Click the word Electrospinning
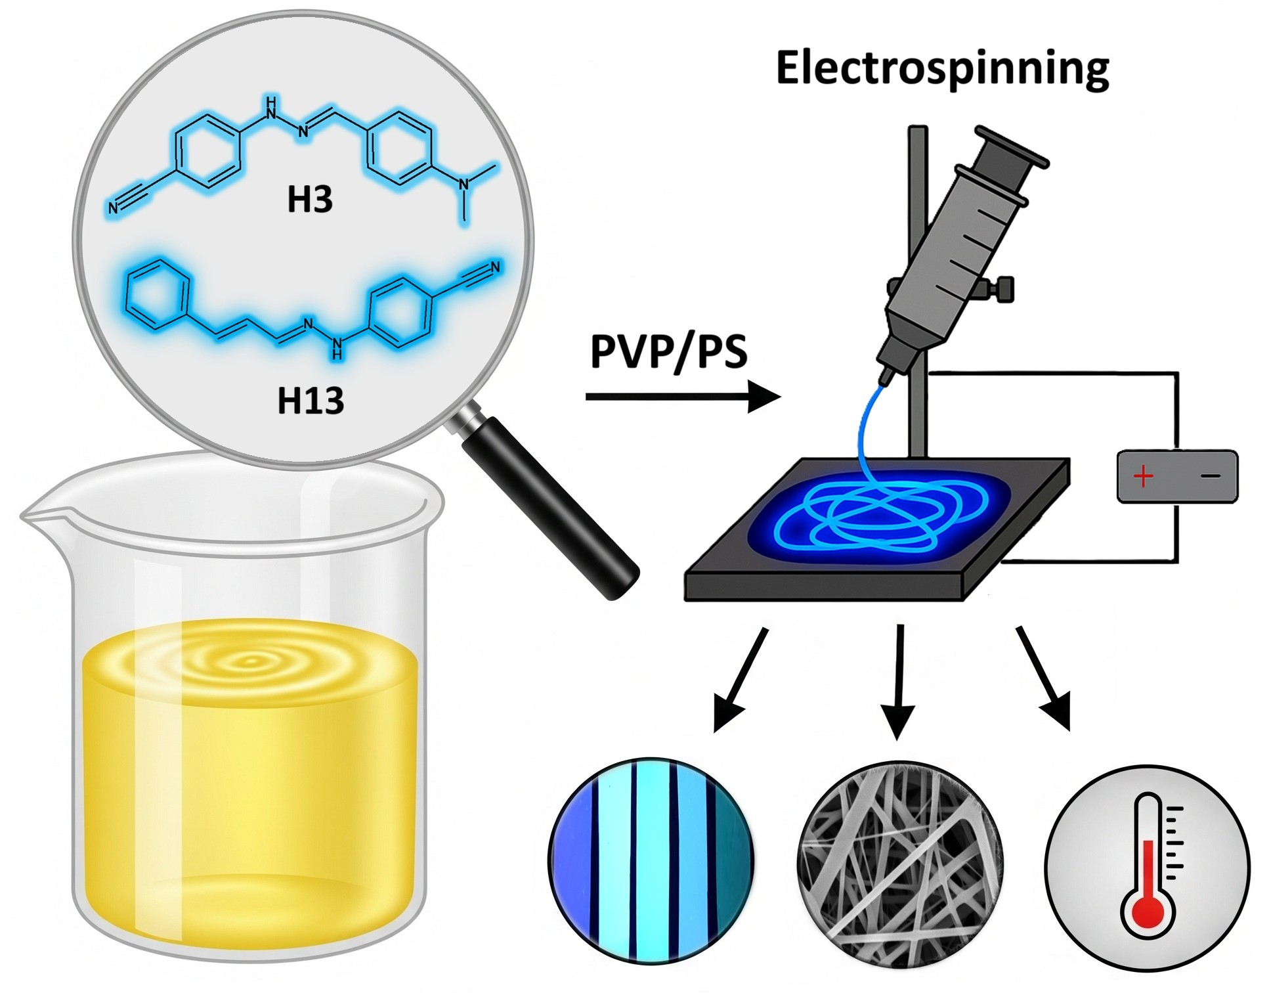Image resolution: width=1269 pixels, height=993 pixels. pos(942,69)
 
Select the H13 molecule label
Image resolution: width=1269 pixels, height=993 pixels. pos(311,400)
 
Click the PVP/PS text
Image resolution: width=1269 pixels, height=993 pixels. pos(668,352)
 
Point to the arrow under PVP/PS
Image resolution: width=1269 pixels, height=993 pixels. pos(683,397)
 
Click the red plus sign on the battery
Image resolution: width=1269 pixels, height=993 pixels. pos(1143,476)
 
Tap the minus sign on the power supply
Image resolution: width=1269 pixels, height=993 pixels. pos(1211,476)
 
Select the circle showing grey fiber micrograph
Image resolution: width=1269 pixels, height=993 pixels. pos(899,864)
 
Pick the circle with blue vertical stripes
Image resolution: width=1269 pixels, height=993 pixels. pos(651,860)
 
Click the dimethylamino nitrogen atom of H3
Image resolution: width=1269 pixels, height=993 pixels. pos(465,185)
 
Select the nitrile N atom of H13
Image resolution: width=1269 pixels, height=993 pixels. pos(495,267)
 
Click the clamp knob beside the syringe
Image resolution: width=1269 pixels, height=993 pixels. pos(1003,289)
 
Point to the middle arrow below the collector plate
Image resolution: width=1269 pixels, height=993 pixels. pos(899,683)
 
